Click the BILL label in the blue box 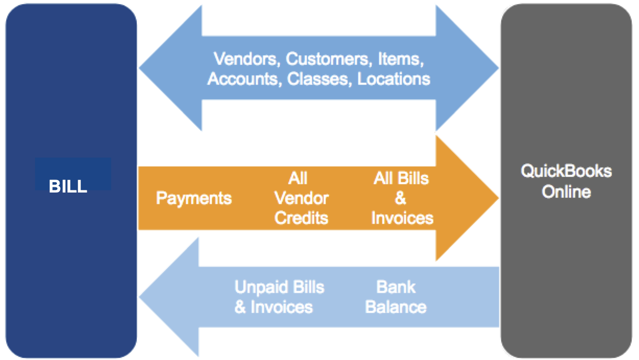(x=68, y=187)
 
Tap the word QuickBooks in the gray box (x=566, y=171)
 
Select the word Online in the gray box (x=566, y=192)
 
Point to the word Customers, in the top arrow (x=326, y=58)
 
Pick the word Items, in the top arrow (x=398, y=58)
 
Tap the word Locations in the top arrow (x=394, y=79)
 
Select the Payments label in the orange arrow (x=194, y=198)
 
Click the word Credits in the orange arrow (x=301, y=218)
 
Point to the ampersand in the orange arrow (x=401, y=198)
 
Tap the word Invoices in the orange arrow (x=402, y=218)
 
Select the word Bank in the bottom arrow (x=396, y=287)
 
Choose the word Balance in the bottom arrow (x=396, y=307)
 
